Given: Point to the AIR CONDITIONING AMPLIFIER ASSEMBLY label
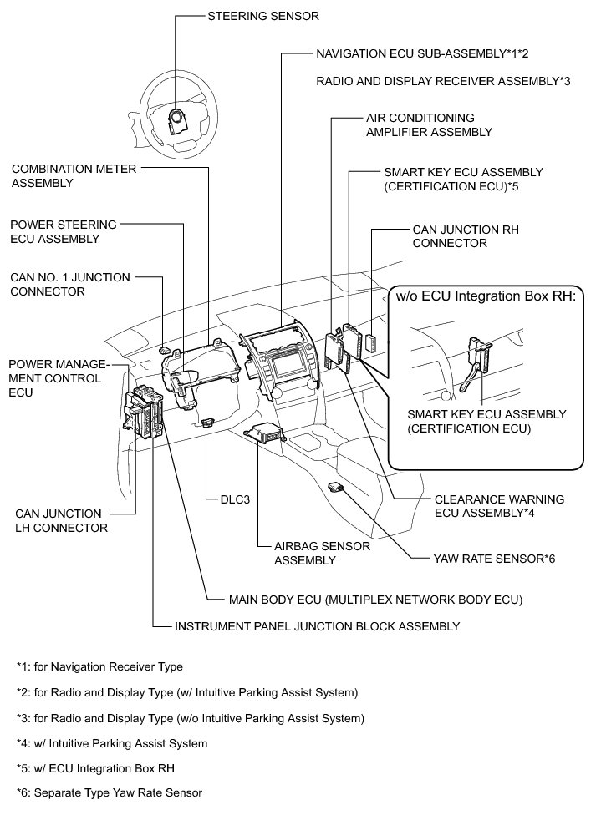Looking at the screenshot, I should click(429, 125).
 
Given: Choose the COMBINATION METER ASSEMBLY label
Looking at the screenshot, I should click(66, 175).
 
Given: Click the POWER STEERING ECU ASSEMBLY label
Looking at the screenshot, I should click(64, 231).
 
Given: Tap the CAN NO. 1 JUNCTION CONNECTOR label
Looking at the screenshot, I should click(69, 285).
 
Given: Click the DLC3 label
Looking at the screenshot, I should click(233, 501).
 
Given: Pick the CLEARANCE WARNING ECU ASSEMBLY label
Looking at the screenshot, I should click(499, 506).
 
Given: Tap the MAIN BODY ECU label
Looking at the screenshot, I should click(375, 599).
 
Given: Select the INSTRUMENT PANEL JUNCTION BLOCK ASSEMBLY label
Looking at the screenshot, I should click(317, 625).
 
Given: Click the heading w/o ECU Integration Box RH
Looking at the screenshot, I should click(486, 296).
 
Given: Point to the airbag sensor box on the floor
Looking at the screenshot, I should click(263, 437).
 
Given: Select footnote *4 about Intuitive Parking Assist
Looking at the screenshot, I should click(111, 742).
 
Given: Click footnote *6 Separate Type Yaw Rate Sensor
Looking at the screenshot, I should click(109, 792).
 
